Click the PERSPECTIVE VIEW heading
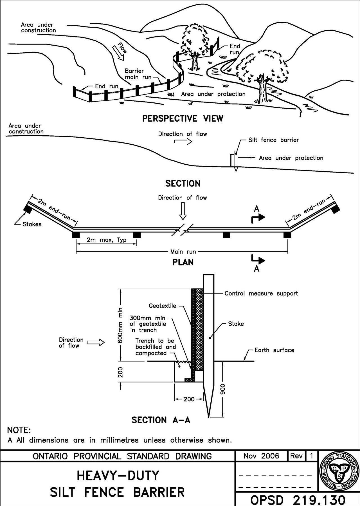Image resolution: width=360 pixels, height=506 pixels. (x=183, y=118)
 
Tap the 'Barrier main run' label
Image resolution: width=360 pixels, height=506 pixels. (x=138, y=74)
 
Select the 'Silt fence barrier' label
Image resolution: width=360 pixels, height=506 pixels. (x=273, y=140)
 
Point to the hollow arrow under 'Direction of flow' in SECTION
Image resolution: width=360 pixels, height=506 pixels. (x=183, y=142)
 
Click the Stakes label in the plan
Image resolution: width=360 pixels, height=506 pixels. (x=32, y=224)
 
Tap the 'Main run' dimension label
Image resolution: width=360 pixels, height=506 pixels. (x=183, y=252)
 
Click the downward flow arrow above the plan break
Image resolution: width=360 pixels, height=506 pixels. (x=183, y=211)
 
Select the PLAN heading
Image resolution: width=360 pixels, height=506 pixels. (x=183, y=262)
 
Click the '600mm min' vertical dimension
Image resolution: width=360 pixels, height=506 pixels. (x=121, y=325)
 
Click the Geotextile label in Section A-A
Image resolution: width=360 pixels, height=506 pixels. (x=162, y=306)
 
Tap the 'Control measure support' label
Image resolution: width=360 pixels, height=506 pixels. (x=261, y=293)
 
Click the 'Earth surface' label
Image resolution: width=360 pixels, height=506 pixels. (x=274, y=350)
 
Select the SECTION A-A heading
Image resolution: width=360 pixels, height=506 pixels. (x=161, y=420)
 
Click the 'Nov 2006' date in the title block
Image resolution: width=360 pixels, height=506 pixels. (x=261, y=456)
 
